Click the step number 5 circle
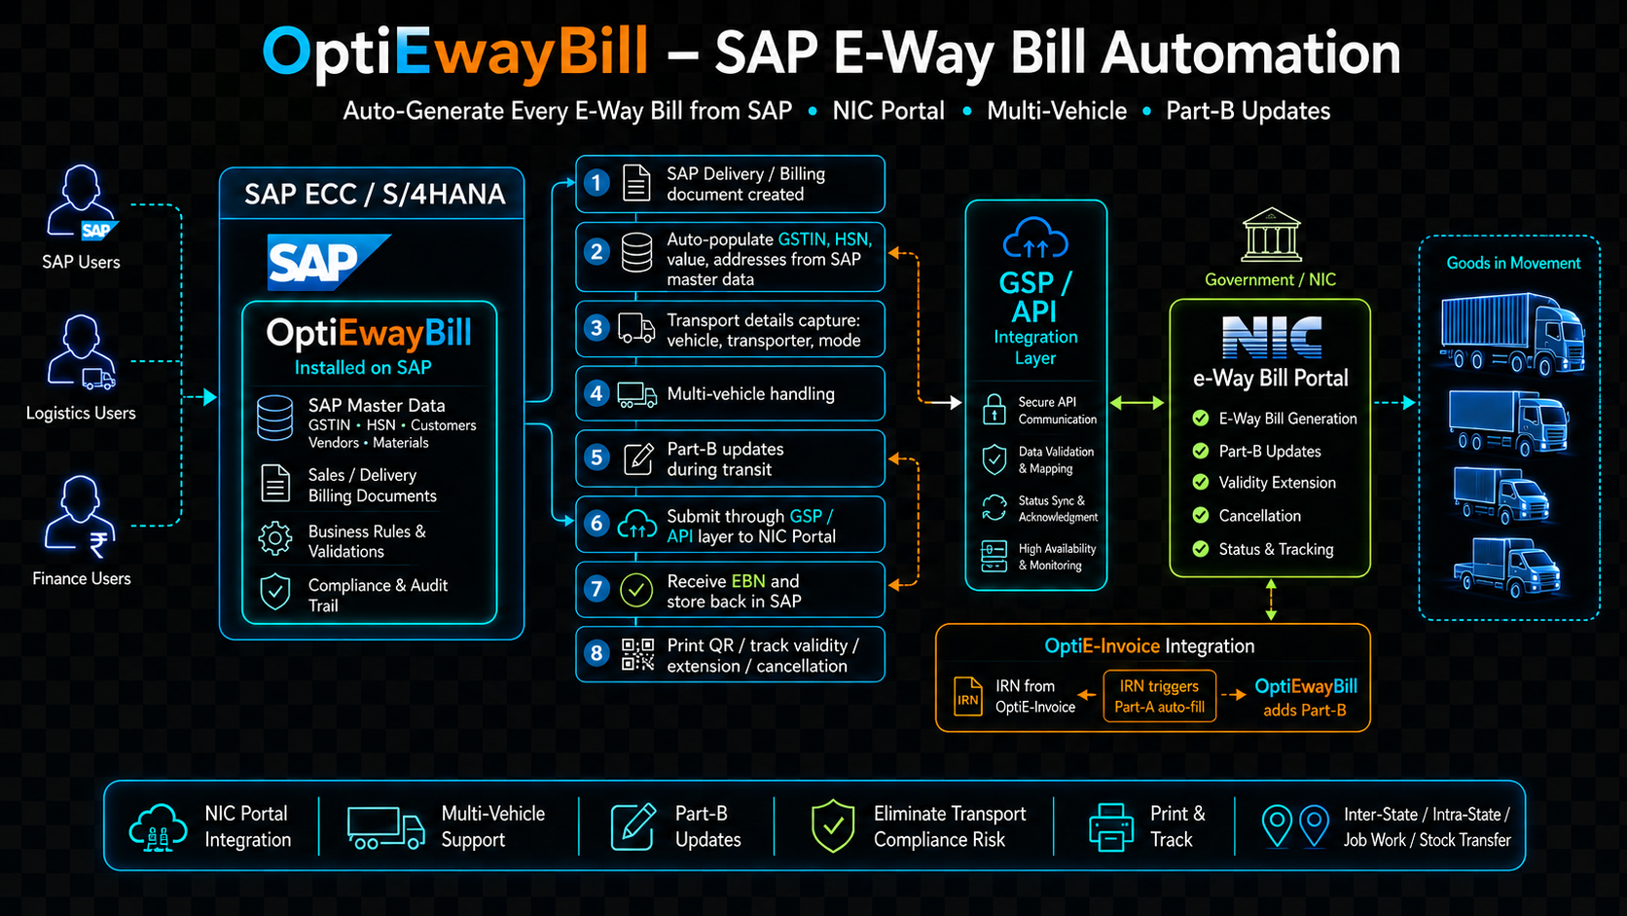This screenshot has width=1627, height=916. [x=597, y=458]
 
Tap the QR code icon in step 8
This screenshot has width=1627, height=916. [x=637, y=654]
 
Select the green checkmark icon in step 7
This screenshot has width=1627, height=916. [x=636, y=591]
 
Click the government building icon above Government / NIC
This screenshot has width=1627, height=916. [x=1271, y=236]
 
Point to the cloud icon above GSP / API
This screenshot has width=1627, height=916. [x=1035, y=238]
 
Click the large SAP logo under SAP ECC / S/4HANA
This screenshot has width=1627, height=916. [x=328, y=262]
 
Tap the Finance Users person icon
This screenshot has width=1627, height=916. [x=79, y=517]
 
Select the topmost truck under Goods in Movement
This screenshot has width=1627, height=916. [x=1512, y=334]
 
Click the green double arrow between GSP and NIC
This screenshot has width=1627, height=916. [x=1138, y=403]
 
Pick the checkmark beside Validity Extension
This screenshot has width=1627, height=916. [x=1201, y=482]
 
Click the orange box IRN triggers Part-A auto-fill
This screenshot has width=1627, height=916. [x=1159, y=696]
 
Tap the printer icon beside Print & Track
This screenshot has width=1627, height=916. [x=1111, y=826]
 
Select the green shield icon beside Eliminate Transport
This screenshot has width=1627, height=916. [x=832, y=825]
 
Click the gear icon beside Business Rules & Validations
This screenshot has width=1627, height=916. [x=275, y=539]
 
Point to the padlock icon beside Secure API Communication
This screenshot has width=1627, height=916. [x=994, y=410]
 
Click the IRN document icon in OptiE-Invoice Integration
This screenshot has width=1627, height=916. [x=967, y=696]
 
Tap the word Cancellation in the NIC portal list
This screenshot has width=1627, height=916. [x=1259, y=516]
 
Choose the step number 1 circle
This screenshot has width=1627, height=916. [x=597, y=183]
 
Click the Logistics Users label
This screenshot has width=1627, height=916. [x=81, y=413]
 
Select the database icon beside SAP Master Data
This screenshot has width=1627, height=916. [x=275, y=418]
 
